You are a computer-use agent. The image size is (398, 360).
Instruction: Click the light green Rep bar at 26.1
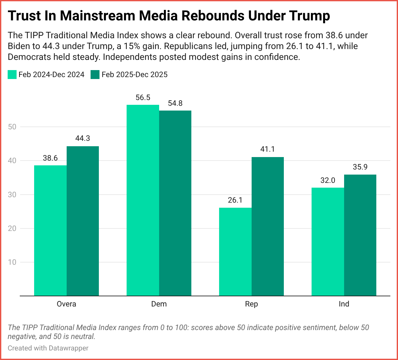(x=235, y=252)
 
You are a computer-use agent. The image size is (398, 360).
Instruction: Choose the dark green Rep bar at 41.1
(x=268, y=226)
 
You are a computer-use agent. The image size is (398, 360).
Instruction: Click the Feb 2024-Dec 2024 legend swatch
(x=12, y=75)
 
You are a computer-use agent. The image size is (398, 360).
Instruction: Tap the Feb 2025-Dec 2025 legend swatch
(x=95, y=75)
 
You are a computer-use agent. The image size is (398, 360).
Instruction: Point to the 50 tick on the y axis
(x=12, y=127)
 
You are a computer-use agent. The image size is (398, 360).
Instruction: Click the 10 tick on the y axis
(x=12, y=262)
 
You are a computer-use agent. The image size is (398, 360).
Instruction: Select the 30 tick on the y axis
(x=12, y=195)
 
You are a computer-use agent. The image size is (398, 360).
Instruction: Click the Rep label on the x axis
(x=251, y=304)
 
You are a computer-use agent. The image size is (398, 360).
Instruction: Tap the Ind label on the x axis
(x=344, y=304)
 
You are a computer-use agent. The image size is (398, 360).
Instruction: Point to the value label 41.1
(x=267, y=149)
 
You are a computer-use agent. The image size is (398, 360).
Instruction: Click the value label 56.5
(x=143, y=97)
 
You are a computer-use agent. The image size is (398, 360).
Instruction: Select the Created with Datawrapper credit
(x=48, y=348)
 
